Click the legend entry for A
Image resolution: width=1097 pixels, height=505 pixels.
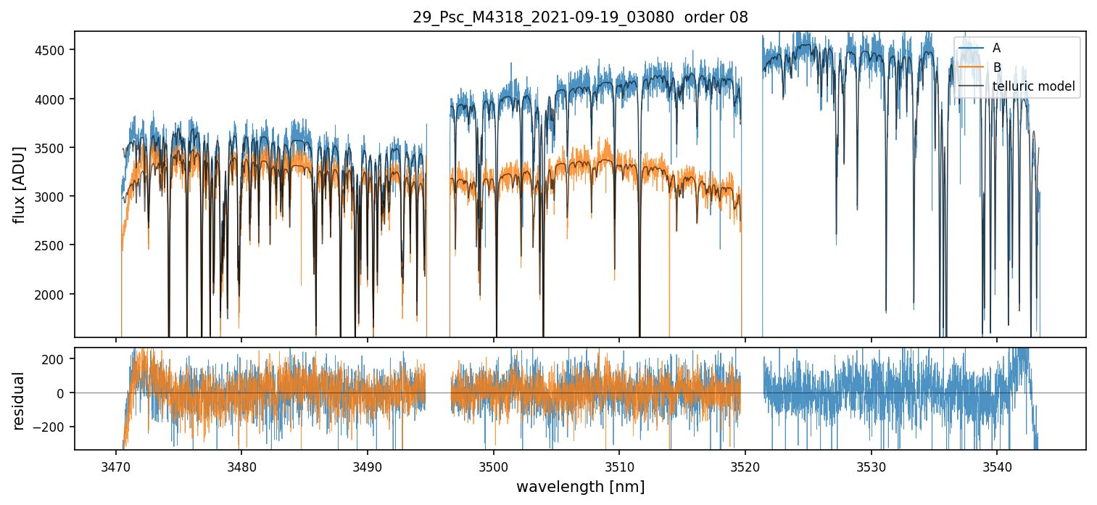pos(996,48)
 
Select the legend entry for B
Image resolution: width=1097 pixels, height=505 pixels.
pos(996,67)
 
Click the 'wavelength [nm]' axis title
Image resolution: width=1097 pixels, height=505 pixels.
pos(580,487)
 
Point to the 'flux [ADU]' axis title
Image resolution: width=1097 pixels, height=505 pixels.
pos(19,184)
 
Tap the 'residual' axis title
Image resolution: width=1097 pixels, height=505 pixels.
pos(19,401)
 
